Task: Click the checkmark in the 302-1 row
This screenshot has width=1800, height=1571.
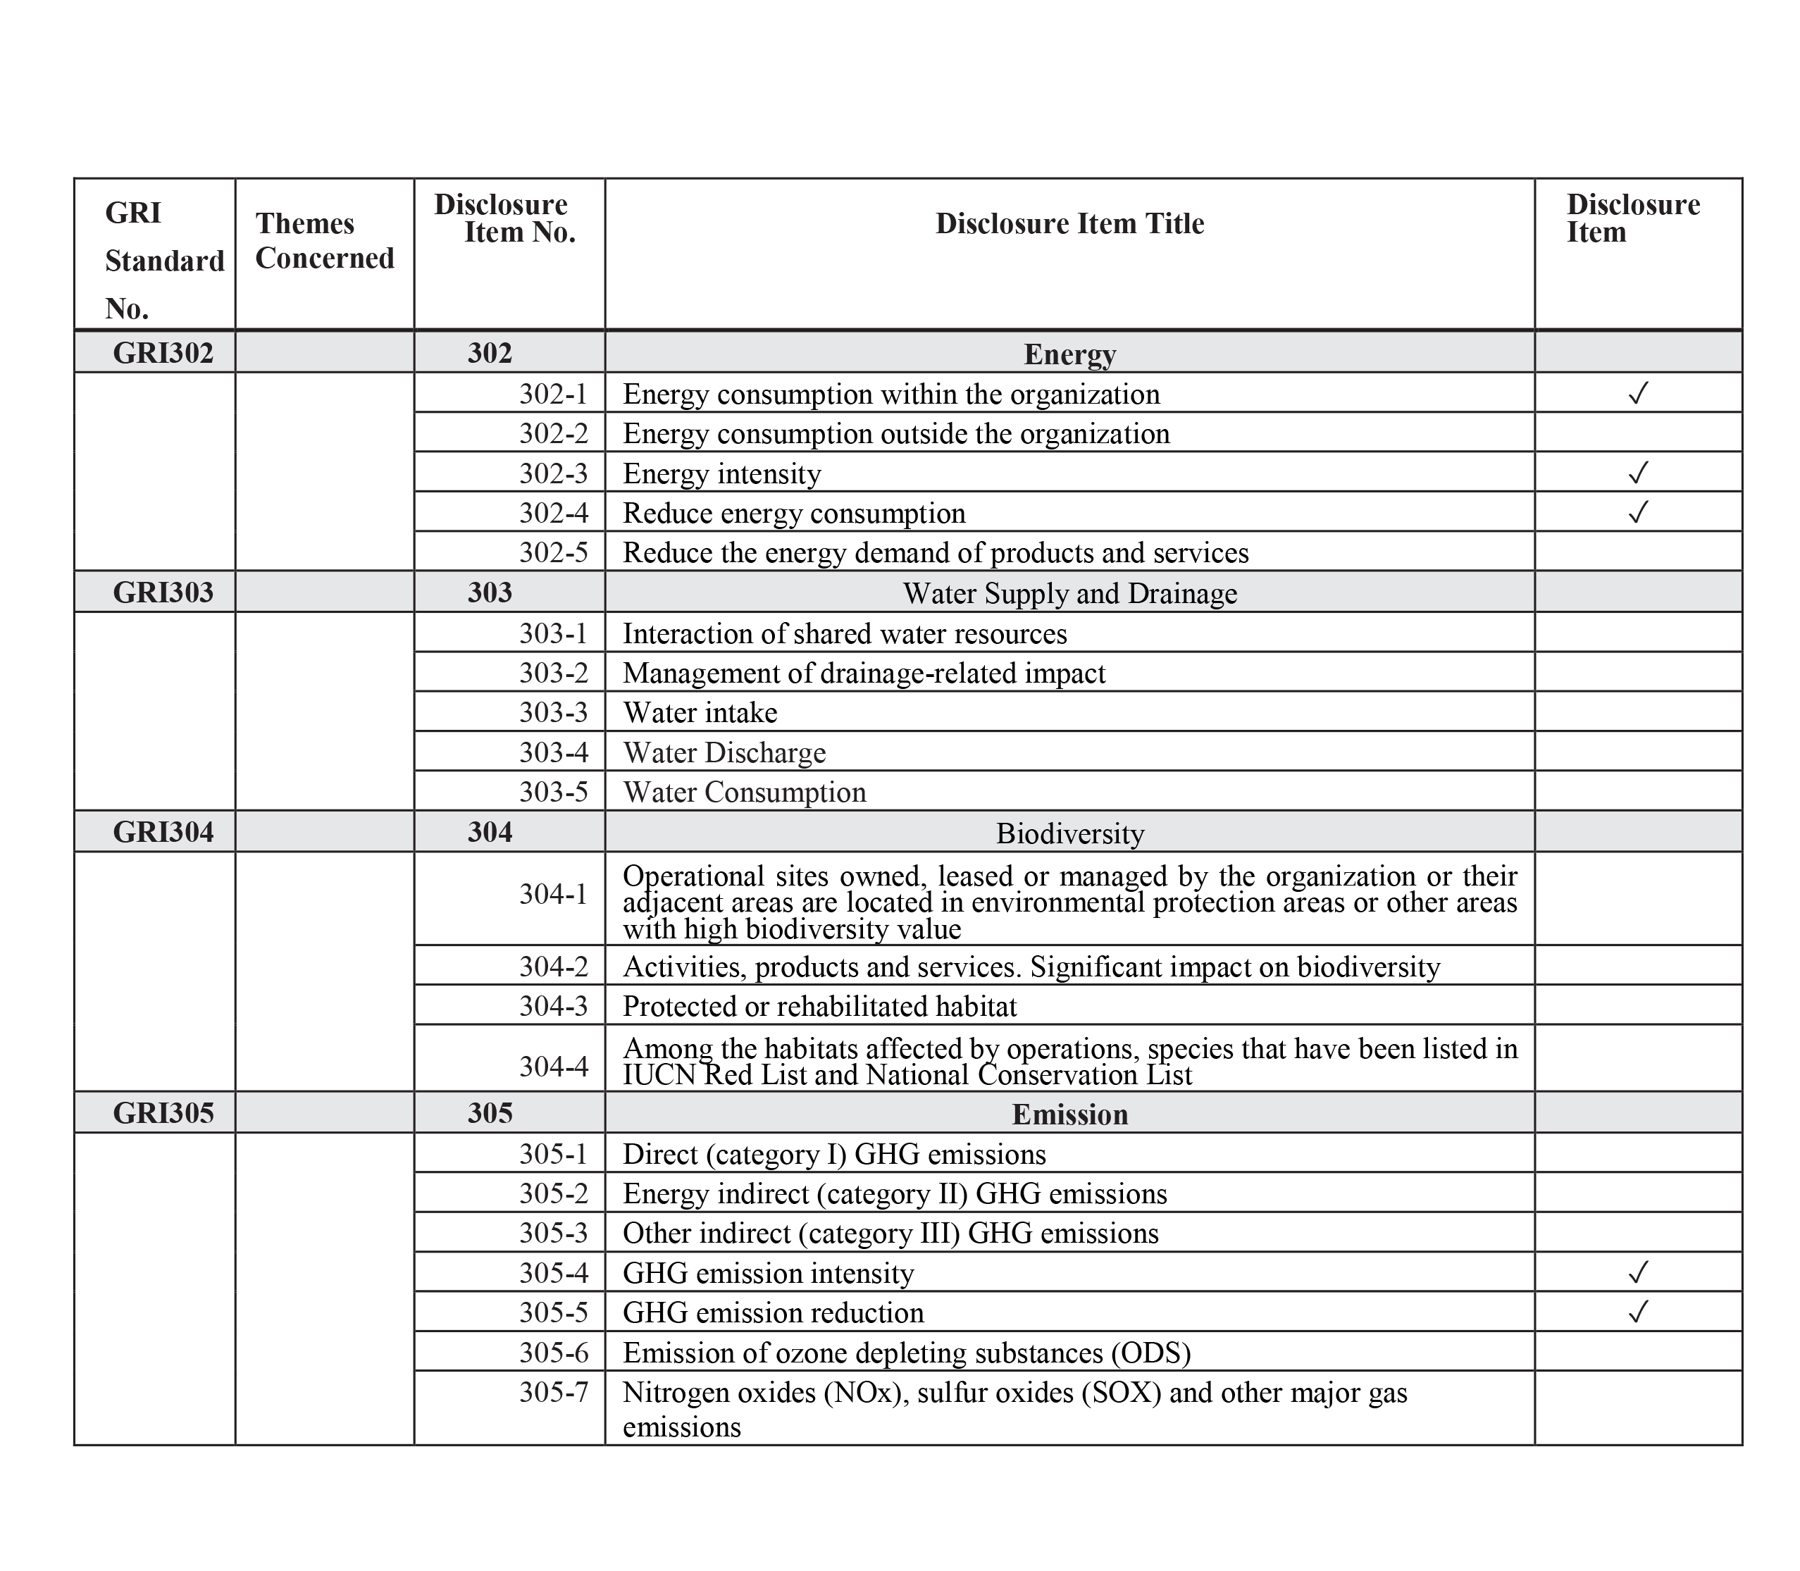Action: click(x=1638, y=393)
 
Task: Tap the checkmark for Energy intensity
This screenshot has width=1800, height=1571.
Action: click(x=1638, y=473)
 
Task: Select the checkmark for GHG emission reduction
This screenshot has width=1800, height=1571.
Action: click(x=1638, y=1312)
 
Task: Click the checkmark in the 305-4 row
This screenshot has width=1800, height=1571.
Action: click(x=1638, y=1272)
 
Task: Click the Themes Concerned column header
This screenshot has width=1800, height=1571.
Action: click(x=324, y=241)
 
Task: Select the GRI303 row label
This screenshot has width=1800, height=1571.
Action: click(x=163, y=592)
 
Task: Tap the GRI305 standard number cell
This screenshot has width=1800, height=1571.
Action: click(x=163, y=1112)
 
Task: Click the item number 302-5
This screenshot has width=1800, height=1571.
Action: click(x=553, y=552)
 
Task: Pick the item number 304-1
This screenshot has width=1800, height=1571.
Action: click(x=553, y=894)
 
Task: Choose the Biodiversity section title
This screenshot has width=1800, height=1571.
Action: click(x=1069, y=833)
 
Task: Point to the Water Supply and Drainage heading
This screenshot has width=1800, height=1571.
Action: click(x=1069, y=593)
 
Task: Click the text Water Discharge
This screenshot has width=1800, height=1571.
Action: click(x=724, y=753)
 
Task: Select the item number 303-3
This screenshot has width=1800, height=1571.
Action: click(x=553, y=712)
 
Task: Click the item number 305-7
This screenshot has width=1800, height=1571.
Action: click(x=553, y=1392)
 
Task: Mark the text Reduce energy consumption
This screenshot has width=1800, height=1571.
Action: click(x=793, y=513)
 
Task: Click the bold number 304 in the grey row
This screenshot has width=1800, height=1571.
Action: click(x=489, y=832)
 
